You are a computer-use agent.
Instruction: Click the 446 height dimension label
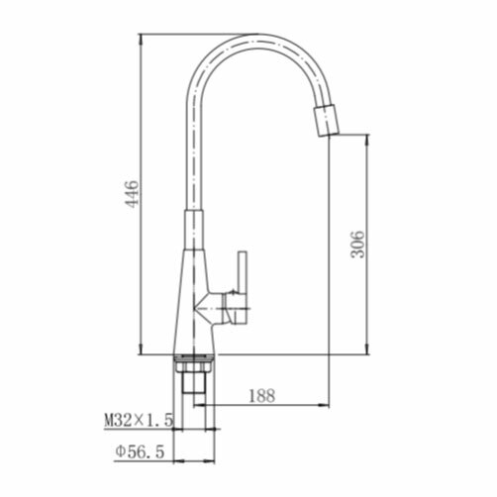132,194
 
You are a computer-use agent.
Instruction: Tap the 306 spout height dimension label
358,245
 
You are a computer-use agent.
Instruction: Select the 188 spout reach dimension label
261,396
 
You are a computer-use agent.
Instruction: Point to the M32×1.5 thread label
139,421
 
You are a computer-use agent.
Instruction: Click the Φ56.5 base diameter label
140,451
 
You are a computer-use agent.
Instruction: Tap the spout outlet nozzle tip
327,121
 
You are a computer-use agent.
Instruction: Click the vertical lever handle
243,287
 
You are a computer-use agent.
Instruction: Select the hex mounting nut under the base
194,367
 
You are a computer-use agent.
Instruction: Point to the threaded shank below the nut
194,383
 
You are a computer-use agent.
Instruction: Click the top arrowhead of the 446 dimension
141,39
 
